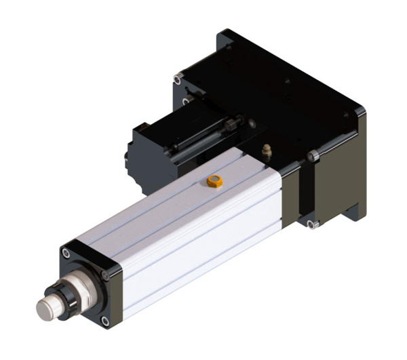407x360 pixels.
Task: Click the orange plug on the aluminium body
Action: coord(215,181)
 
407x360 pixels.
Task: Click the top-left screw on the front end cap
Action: coord(66,253)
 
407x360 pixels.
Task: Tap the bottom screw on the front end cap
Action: coord(104,319)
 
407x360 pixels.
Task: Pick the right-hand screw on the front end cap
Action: coord(105,274)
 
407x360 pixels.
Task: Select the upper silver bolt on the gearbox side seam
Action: coord(313,157)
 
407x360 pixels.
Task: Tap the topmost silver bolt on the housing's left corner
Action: coord(178,80)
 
